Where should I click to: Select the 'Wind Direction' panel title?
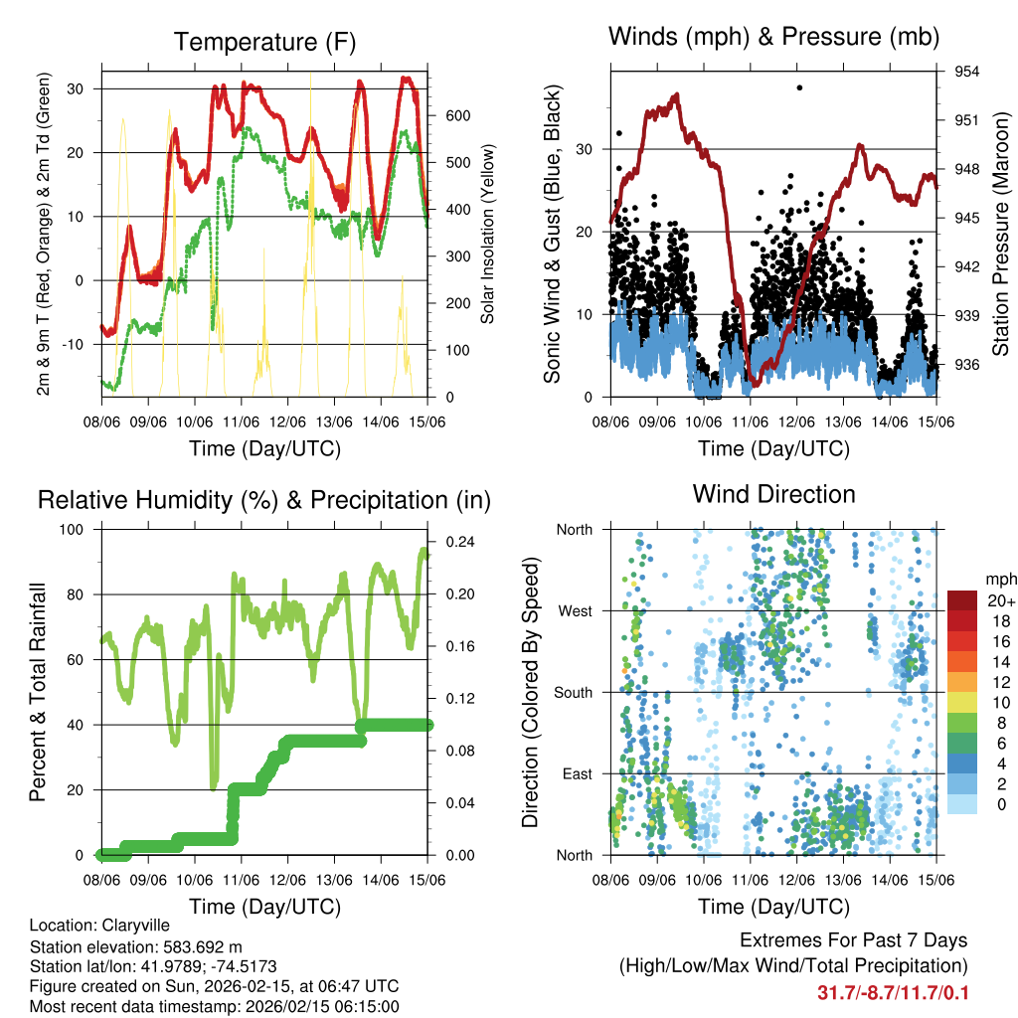pos(773,494)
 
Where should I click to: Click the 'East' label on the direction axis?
pos(575,773)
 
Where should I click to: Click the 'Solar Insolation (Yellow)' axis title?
pos(488,235)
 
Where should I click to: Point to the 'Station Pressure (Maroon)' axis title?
pos(1000,235)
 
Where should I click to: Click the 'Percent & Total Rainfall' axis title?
pos(40,692)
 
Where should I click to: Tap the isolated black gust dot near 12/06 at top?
pos(799,87)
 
